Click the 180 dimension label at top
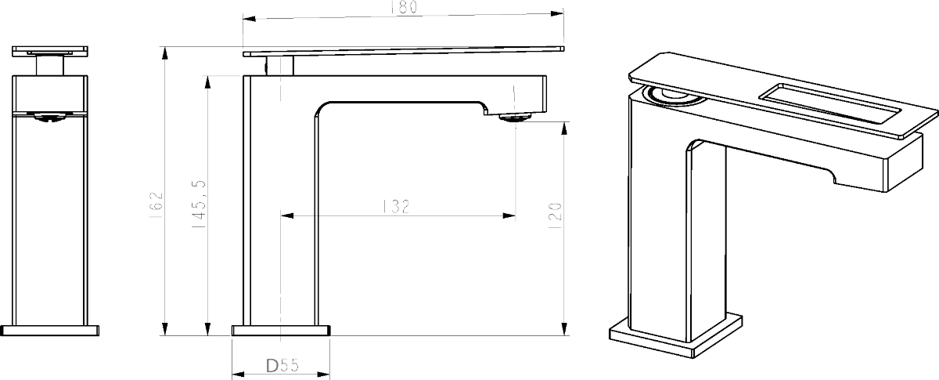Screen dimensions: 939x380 coord(404,7)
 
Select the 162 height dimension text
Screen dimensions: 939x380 coord(156,205)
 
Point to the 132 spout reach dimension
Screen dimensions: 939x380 coord(396,206)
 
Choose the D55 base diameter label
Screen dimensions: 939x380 coord(282,365)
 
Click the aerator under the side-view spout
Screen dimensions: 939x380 coord(515,116)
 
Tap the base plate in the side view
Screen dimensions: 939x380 coord(281,331)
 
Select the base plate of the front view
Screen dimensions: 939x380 coord(50,331)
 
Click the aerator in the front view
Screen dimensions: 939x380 coord(50,117)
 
